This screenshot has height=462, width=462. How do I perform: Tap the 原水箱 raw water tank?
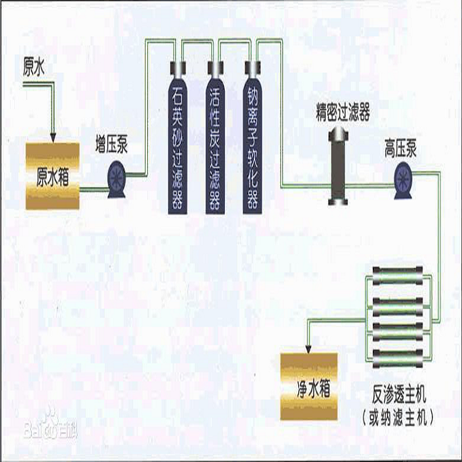(x=52, y=176)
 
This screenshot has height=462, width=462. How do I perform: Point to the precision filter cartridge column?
(x=338, y=166)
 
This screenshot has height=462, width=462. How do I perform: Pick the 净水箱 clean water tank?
(x=309, y=386)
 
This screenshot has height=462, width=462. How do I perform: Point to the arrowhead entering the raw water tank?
(x=53, y=136)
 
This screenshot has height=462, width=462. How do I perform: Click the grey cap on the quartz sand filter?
(x=179, y=67)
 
